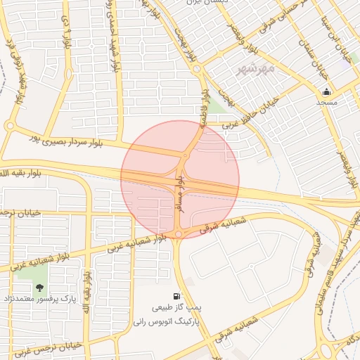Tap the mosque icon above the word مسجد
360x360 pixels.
tap(326, 91)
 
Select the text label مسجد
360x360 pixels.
tap(326, 102)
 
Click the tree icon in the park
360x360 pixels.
tap(39, 287)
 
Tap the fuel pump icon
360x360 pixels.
tap(175, 296)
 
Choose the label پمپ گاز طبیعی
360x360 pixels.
tap(177, 308)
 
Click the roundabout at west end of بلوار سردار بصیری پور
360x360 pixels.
tap(9, 126)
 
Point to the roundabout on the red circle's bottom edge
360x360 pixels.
tap(179, 234)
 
